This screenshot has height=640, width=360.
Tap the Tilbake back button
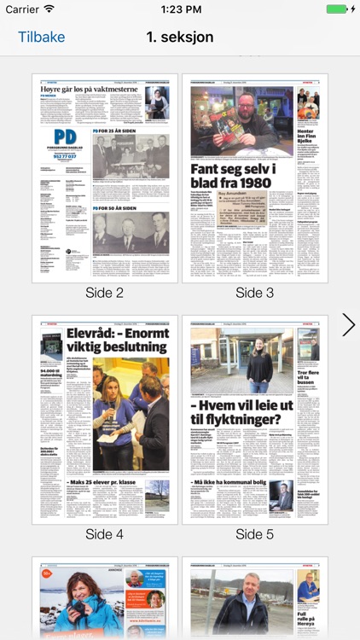[41, 38]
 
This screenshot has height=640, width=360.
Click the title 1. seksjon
[180, 38]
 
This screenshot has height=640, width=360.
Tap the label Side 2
[105, 293]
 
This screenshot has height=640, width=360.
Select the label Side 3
[254, 293]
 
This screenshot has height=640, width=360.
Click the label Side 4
[105, 534]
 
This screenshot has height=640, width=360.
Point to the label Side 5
[254, 534]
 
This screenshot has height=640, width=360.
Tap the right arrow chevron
[348, 324]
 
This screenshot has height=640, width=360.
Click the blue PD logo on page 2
[65, 138]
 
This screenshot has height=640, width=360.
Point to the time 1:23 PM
[180, 9]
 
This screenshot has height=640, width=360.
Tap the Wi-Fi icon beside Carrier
[49, 9]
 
